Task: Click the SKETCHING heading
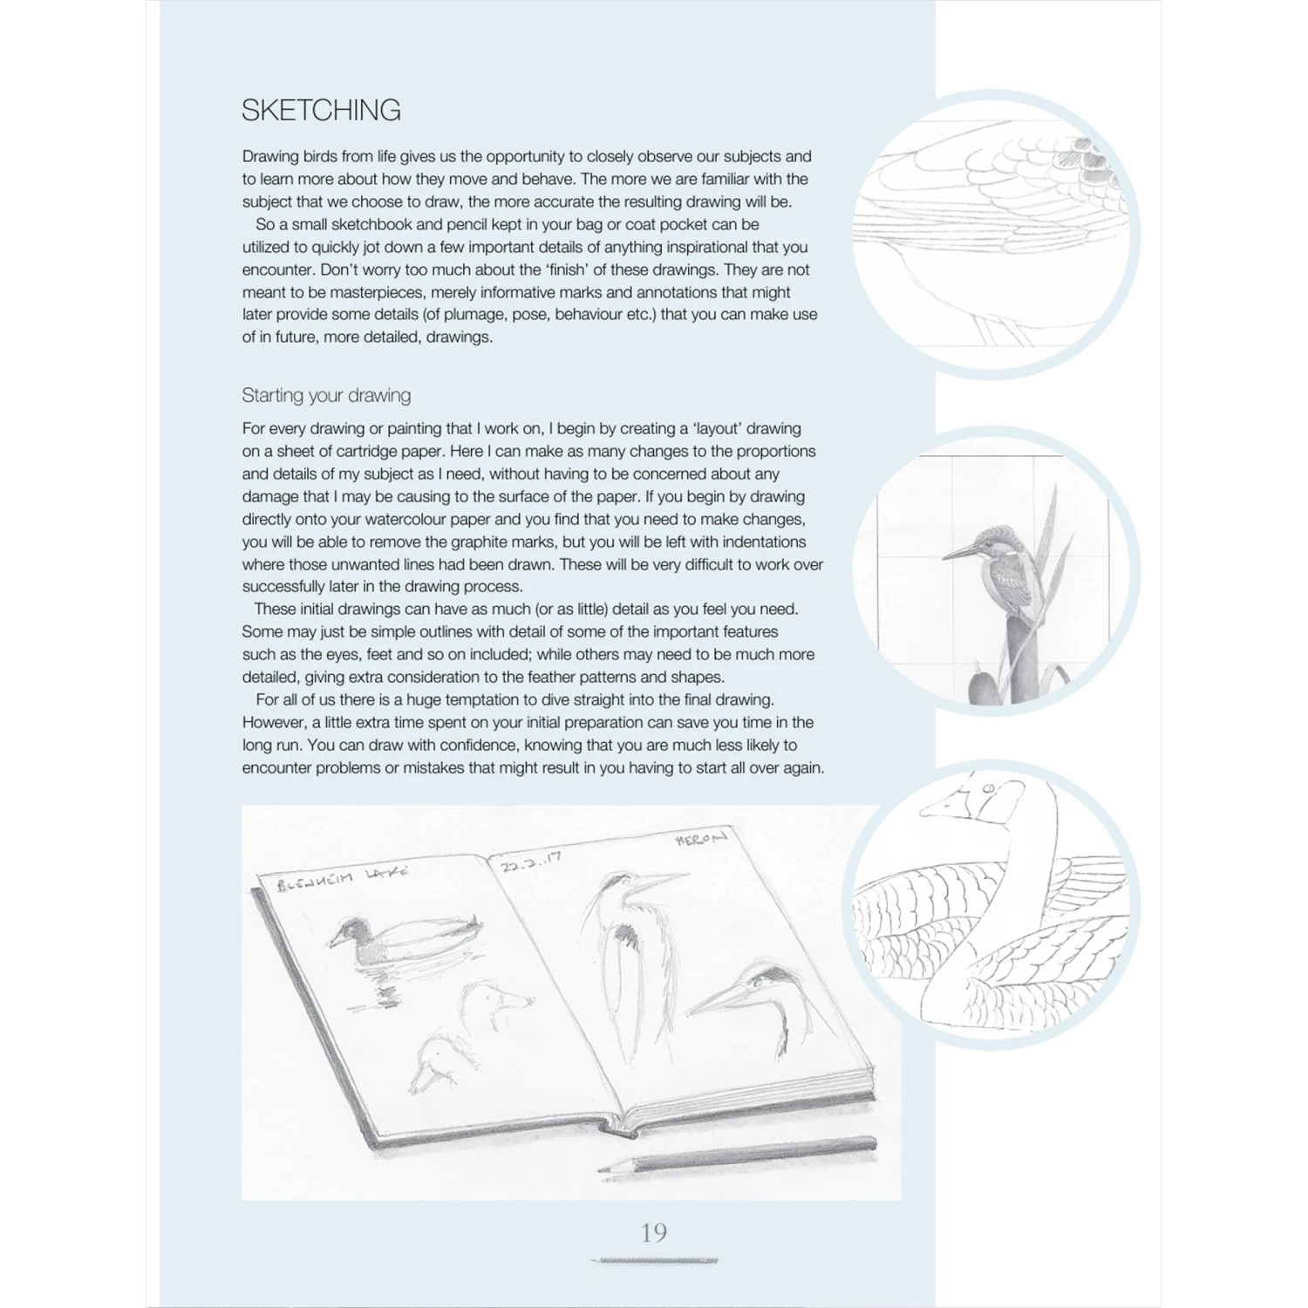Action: click(x=321, y=110)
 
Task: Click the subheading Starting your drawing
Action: click(x=326, y=396)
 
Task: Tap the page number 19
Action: click(x=654, y=1232)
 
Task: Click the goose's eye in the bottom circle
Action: click(x=989, y=790)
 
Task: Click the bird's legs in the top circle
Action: click(x=994, y=332)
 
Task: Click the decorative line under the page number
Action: click(x=654, y=1260)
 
